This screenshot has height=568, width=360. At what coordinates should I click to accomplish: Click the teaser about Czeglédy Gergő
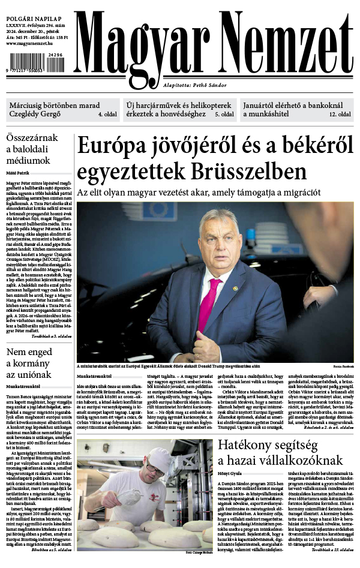[x=62, y=110]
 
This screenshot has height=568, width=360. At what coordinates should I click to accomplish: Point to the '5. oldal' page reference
[x=224, y=114]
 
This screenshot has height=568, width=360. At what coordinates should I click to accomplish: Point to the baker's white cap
[x=160, y=461]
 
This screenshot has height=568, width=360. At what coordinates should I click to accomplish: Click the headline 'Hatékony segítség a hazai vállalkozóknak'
[x=280, y=453]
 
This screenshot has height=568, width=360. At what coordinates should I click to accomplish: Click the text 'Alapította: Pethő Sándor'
[x=195, y=86]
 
